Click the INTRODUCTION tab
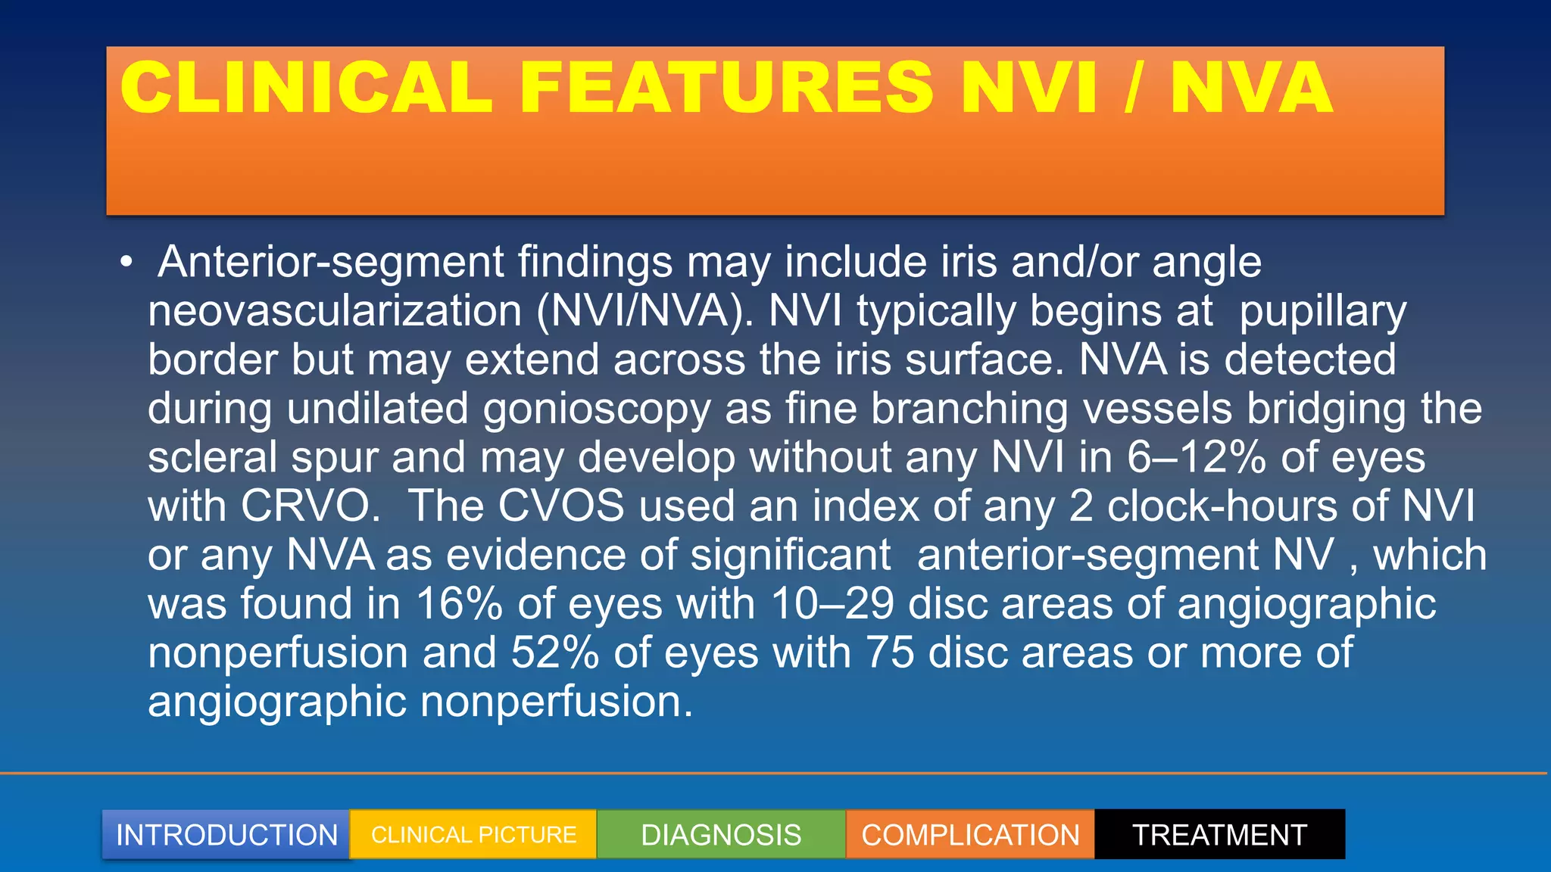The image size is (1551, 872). coord(226,835)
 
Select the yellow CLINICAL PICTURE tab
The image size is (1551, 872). coord(473,835)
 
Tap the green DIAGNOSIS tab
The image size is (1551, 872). coord(721,835)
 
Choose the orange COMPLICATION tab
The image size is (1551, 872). coord(970,835)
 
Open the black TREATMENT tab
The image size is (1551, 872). coord(1219,835)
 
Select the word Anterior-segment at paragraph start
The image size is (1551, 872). coord(331,263)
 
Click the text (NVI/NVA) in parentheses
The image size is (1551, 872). coord(644,311)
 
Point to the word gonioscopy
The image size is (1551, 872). coord(597,409)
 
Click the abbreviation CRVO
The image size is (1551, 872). coord(311,506)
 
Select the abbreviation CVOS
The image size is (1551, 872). coord(561,506)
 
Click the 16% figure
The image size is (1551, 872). coord(460,604)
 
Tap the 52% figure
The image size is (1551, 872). coord(555,652)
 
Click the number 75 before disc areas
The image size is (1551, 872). coord(890,652)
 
